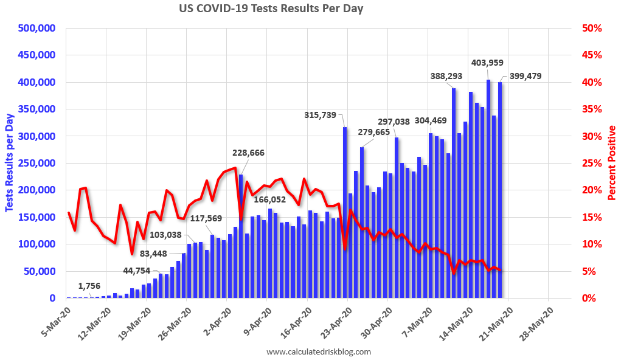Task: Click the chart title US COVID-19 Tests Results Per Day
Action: point(271,9)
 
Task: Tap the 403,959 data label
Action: point(487,63)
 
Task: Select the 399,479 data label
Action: point(521,76)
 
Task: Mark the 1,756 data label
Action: point(89,286)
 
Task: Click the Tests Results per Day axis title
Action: point(10,163)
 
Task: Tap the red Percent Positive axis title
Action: point(611,163)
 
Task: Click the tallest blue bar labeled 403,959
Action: point(488,189)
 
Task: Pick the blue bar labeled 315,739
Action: point(345,213)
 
